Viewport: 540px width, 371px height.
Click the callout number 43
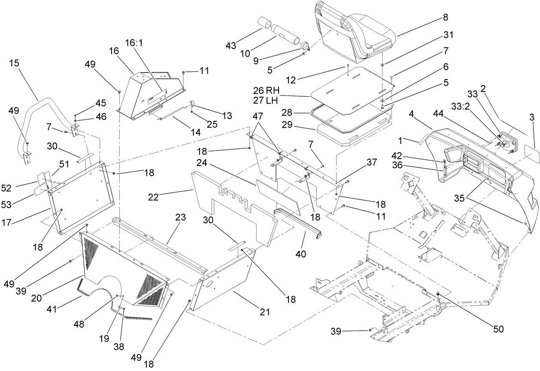click(231, 46)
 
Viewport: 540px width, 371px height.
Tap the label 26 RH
click(266, 91)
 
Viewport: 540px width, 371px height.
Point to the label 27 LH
click(266, 101)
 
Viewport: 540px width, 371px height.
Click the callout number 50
click(498, 329)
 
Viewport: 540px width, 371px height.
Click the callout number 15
click(14, 63)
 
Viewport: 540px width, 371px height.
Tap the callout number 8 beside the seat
click(445, 18)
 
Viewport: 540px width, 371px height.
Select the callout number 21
click(264, 312)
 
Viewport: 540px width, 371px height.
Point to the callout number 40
click(300, 254)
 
